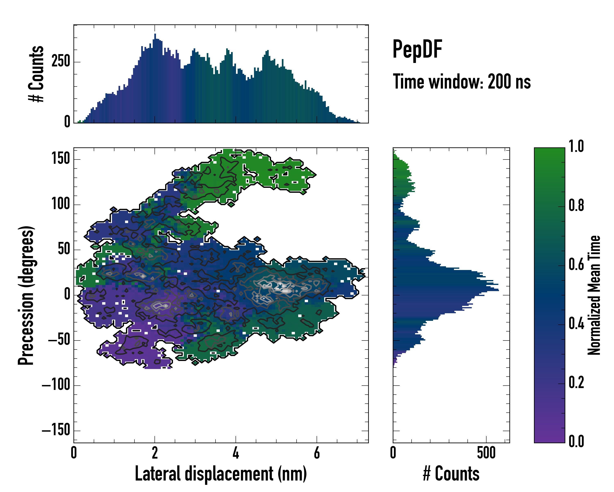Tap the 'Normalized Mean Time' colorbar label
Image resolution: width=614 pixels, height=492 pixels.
pos(594,295)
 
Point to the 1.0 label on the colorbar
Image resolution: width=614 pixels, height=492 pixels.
pos(576,147)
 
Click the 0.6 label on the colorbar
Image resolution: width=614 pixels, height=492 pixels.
pos(576,265)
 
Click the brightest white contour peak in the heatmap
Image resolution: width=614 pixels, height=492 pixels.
pos(286,291)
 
